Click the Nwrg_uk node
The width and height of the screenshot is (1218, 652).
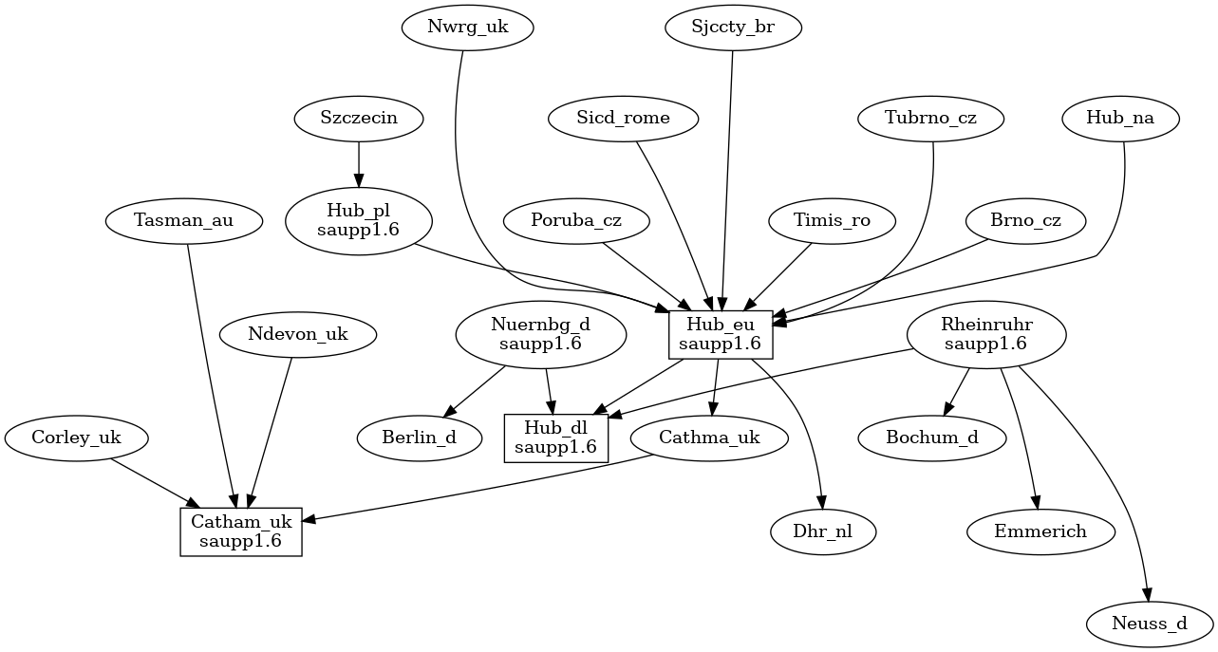tap(467, 28)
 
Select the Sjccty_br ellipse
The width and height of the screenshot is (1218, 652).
tap(733, 28)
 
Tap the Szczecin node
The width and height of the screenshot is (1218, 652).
tap(359, 119)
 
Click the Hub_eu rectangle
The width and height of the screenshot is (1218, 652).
tap(721, 334)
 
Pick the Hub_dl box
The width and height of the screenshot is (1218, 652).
tap(555, 438)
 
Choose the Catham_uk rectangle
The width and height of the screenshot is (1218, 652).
tap(241, 531)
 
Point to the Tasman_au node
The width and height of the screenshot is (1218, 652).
tap(183, 221)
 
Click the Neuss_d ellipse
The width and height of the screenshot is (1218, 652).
tap(1151, 624)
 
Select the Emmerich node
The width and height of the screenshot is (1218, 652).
tap(1040, 531)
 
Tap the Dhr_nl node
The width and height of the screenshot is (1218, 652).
tap(822, 531)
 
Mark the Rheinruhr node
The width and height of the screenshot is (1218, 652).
tap(986, 334)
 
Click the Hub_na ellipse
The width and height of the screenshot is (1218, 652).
tap(1120, 119)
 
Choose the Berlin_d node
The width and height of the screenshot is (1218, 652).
tap(420, 438)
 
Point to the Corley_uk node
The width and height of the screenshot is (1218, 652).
tap(77, 438)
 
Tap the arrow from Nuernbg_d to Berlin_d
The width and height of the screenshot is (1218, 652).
tap(476, 391)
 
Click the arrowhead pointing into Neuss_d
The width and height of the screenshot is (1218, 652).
tap(1147, 594)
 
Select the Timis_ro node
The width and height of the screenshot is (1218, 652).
tap(833, 221)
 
